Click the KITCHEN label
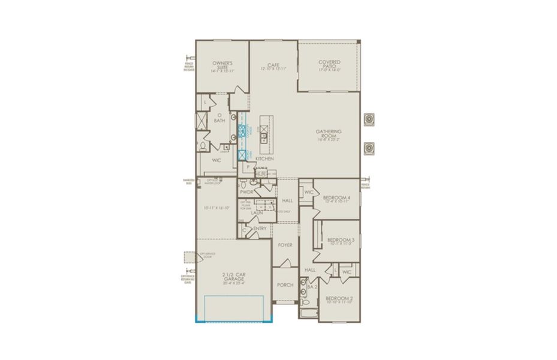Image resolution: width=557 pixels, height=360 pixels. click(x=264, y=158)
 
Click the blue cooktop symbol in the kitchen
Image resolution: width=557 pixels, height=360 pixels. click(x=242, y=131)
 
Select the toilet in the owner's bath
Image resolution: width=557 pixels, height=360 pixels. click(x=203, y=146)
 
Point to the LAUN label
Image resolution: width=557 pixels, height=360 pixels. click(x=257, y=212)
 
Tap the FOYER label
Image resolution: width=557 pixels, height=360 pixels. click(x=285, y=245)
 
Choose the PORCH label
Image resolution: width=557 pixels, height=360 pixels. click(x=285, y=284)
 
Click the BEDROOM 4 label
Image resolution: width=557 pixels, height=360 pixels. click(x=337, y=197)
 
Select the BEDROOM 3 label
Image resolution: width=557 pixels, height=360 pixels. click(x=341, y=240)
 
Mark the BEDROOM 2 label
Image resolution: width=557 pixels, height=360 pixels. click(x=339, y=298)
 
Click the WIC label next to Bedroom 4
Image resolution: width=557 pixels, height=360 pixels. click(x=309, y=192)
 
